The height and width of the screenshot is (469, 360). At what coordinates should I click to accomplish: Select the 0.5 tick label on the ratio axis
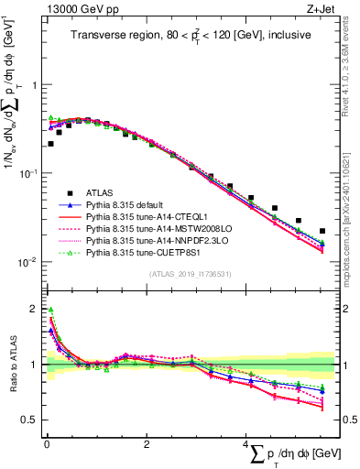pos(29,420)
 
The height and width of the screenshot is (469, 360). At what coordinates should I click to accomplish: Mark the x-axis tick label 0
pos(46,446)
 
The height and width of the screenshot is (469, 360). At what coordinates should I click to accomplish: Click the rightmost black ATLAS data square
pos(322,232)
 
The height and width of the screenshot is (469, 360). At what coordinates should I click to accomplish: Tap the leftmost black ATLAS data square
pos(50,144)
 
